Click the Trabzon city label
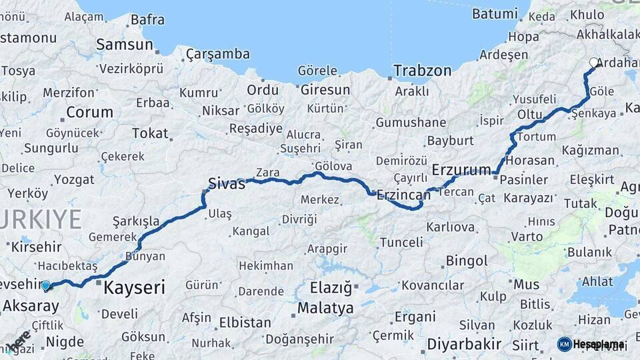point(422,70)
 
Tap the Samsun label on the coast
point(125,45)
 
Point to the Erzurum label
point(461,169)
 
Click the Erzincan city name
point(403,195)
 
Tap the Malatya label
point(325,308)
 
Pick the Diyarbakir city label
point(464,344)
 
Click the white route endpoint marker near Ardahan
point(594,63)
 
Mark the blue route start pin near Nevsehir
point(45,286)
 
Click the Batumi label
point(494,13)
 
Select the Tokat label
point(150,133)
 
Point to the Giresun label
point(325,89)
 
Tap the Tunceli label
point(401,243)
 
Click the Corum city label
point(89,112)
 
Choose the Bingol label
point(467,261)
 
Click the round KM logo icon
point(564,344)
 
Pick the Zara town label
point(267,173)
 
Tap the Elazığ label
point(331,288)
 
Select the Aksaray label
point(31,306)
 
